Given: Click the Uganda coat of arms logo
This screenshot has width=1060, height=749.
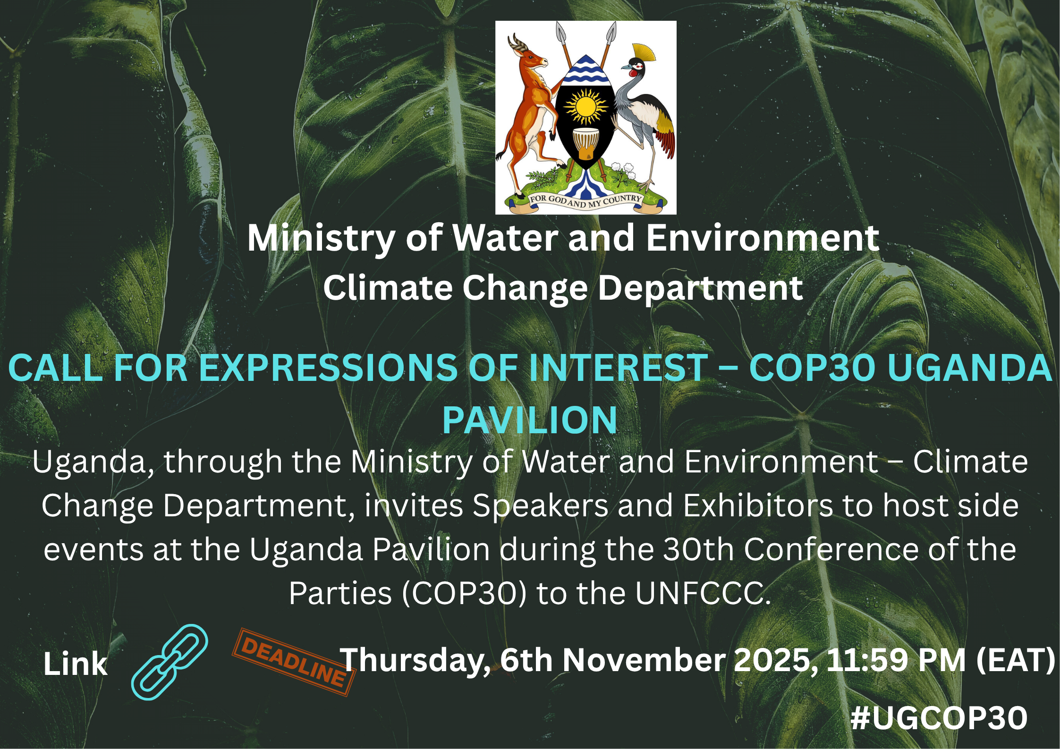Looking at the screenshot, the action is [585, 118].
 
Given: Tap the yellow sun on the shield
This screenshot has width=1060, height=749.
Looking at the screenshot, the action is [585, 107].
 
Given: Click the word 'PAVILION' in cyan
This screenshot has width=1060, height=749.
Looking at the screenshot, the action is [530, 420].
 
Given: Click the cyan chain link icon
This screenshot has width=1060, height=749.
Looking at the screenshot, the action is [170, 662].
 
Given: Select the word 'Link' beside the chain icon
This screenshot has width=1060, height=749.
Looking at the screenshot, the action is [76, 664].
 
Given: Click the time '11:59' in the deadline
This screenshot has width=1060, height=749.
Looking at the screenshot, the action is [867, 660].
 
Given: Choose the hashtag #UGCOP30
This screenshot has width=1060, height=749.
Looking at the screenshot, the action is [939, 718].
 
